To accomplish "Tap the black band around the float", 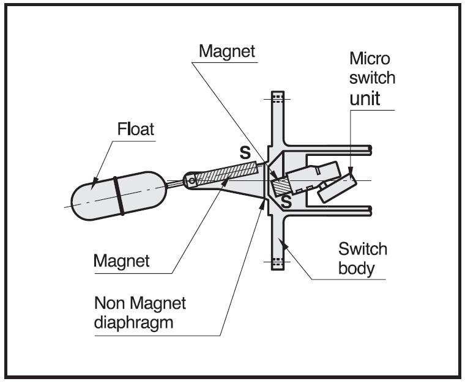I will [x=119, y=196].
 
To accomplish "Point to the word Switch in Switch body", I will [x=363, y=249].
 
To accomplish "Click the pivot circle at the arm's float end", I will [x=190, y=180].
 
